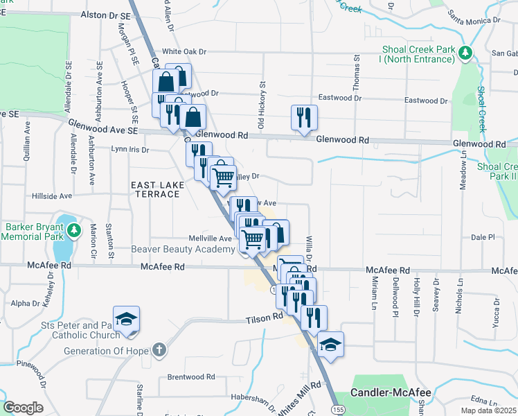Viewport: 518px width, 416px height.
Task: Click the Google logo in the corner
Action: click(23, 407)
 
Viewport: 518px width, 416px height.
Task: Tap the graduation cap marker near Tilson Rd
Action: click(127, 319)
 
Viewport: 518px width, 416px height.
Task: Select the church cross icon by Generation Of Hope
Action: click(159, 350)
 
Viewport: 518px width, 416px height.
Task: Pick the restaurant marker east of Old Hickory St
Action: click(303, 118)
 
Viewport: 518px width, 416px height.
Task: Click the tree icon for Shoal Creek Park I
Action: click(467, 52)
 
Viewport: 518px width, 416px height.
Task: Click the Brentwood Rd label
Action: click(190, 377)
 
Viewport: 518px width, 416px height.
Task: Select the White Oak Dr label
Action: click(185, 51)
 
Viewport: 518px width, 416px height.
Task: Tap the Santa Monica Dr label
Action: click(474, 15)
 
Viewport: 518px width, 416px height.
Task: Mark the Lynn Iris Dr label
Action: click(131, 149)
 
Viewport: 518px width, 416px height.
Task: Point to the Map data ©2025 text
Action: click(488, 410)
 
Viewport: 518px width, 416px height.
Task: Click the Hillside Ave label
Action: click(52, 196)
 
